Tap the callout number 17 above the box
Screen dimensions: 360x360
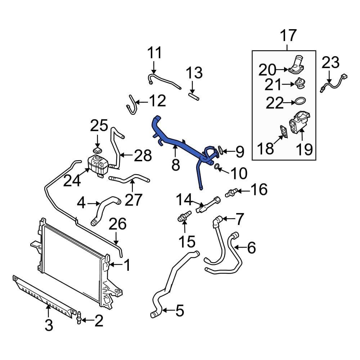[288, 36]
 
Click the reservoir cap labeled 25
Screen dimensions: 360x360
[97, 149]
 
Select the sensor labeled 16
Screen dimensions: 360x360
[230, 191]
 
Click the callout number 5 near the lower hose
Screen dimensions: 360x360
[179, 310]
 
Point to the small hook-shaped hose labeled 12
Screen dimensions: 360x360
[131, 104]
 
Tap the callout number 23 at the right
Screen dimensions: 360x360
[330, 63]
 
